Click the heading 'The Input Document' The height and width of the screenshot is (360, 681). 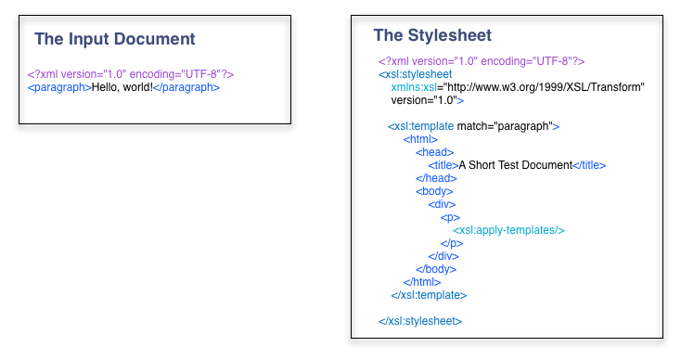pos(115,39)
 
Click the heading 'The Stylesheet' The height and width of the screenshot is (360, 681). pos(432,35)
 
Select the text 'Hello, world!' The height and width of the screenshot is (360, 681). pos(122,87)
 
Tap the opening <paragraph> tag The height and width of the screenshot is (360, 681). pos(59,88)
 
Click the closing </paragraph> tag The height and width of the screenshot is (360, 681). pos(186,88)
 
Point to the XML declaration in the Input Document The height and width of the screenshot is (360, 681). pos(131,74)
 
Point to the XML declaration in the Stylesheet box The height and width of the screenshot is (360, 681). pos(482,61)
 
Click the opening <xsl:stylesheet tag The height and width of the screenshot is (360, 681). pos(416,74)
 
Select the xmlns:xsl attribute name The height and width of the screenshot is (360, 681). pos(414,87)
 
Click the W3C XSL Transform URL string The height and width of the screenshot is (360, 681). pos(544,87)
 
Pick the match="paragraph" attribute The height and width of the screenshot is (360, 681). pos(505,126)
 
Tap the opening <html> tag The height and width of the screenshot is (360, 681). pos(420,139)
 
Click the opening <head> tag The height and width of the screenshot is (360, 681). pos(435,152)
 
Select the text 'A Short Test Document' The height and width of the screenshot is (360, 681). pos(516,165)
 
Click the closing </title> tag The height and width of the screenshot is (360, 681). pos(589,165)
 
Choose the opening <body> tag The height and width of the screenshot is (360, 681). pos(434,191)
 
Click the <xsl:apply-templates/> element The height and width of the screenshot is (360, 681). pos(508,230)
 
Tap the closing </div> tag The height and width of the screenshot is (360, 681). pos(443,256)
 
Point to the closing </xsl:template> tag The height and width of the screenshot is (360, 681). pos(429,295)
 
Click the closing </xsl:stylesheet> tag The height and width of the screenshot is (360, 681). pos(420,321)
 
